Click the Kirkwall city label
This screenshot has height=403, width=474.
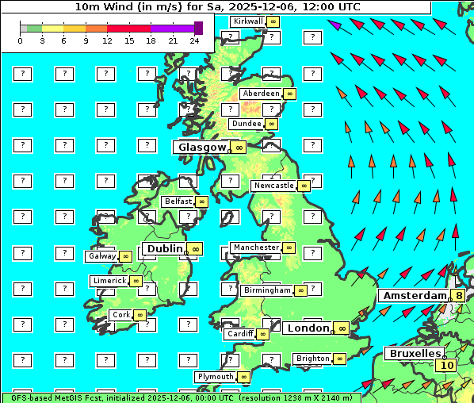point(247,21)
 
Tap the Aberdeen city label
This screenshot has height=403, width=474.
point(262,94)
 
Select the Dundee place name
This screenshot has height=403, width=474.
point(246,124)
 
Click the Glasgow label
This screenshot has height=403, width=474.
point(202,147)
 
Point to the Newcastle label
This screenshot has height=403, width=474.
point(273,186)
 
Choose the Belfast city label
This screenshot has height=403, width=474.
point(178,201)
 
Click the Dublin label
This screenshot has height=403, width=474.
point(164,248)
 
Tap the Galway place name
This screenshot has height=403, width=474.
point(101,256)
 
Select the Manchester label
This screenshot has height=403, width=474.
point(256,248)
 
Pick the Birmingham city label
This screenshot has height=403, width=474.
point(267,290)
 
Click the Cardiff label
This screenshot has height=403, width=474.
point(239,334)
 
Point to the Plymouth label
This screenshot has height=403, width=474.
point(216,377)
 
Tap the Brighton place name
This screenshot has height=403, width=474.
point(312,359)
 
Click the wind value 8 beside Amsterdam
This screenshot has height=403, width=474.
point(458,296)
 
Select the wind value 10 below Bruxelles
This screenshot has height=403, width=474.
point(447,366)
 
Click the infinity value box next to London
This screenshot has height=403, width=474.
point(342,328)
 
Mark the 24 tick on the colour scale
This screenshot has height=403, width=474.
point(194,40)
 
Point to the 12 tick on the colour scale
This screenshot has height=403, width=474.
point(107,40)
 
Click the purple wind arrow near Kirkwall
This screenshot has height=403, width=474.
point(335,25)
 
